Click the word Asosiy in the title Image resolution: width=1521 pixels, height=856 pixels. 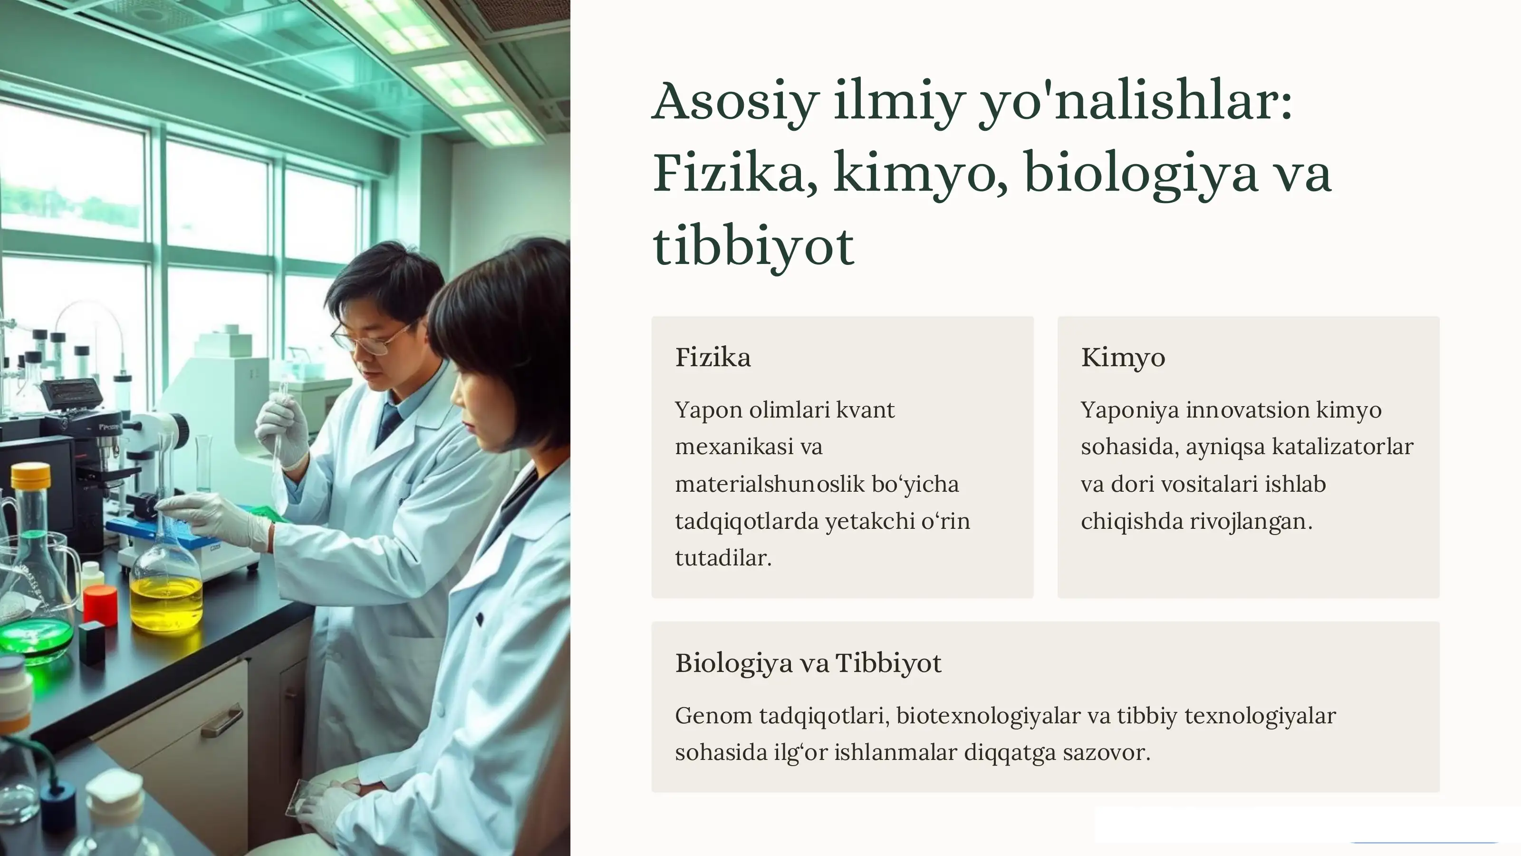click(x=736, y=102)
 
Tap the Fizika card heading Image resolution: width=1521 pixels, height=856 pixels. click(x=712, y=358)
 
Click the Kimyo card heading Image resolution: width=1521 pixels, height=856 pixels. click(x=1122, y=358)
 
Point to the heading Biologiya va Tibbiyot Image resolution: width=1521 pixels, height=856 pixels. click(x=808, y=663)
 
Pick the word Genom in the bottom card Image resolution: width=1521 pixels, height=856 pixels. click(x=712, y=716)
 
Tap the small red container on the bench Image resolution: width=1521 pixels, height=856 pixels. click(x=100, y=605)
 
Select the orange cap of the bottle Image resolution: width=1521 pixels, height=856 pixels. click(x=31, y=476)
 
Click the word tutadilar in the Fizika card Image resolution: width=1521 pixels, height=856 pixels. click(x=723, y=558)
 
